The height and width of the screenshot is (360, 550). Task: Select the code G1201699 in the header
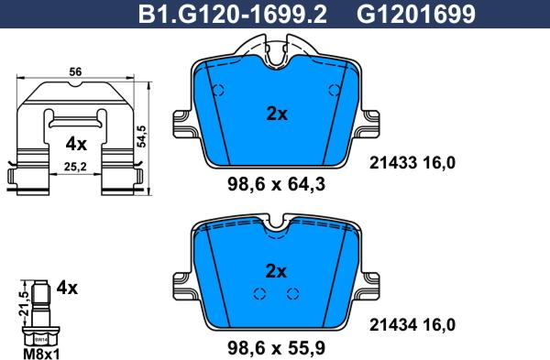[402, 13]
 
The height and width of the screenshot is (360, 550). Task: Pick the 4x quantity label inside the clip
[76, 144]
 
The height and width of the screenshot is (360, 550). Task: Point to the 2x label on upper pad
[277, 115]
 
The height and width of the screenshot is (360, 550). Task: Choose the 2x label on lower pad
[277, 271]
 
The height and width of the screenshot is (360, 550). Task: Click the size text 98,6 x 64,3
[277, 184]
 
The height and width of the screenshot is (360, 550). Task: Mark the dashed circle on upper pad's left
[218, 91]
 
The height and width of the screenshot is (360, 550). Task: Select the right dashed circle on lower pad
[292, 293]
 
